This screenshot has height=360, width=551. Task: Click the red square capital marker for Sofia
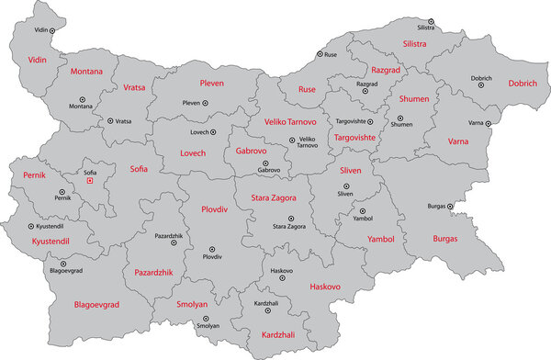(x=89, y=182)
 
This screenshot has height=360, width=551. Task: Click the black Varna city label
(x=478, y=122)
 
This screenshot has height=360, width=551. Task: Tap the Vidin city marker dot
(x=53, y=30)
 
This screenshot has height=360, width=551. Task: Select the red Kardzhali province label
(x=278, y=334)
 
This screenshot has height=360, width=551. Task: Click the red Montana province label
(x=84, y=71)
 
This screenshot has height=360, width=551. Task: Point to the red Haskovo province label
(x=325, y=287)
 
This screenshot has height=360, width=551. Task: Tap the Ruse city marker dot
(x=318, y=55)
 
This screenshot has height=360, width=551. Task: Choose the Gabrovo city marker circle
(x=265, y=163)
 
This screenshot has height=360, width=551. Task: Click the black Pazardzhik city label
(x=173, y=236)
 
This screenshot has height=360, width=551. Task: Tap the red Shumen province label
(x=414, y=98)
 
